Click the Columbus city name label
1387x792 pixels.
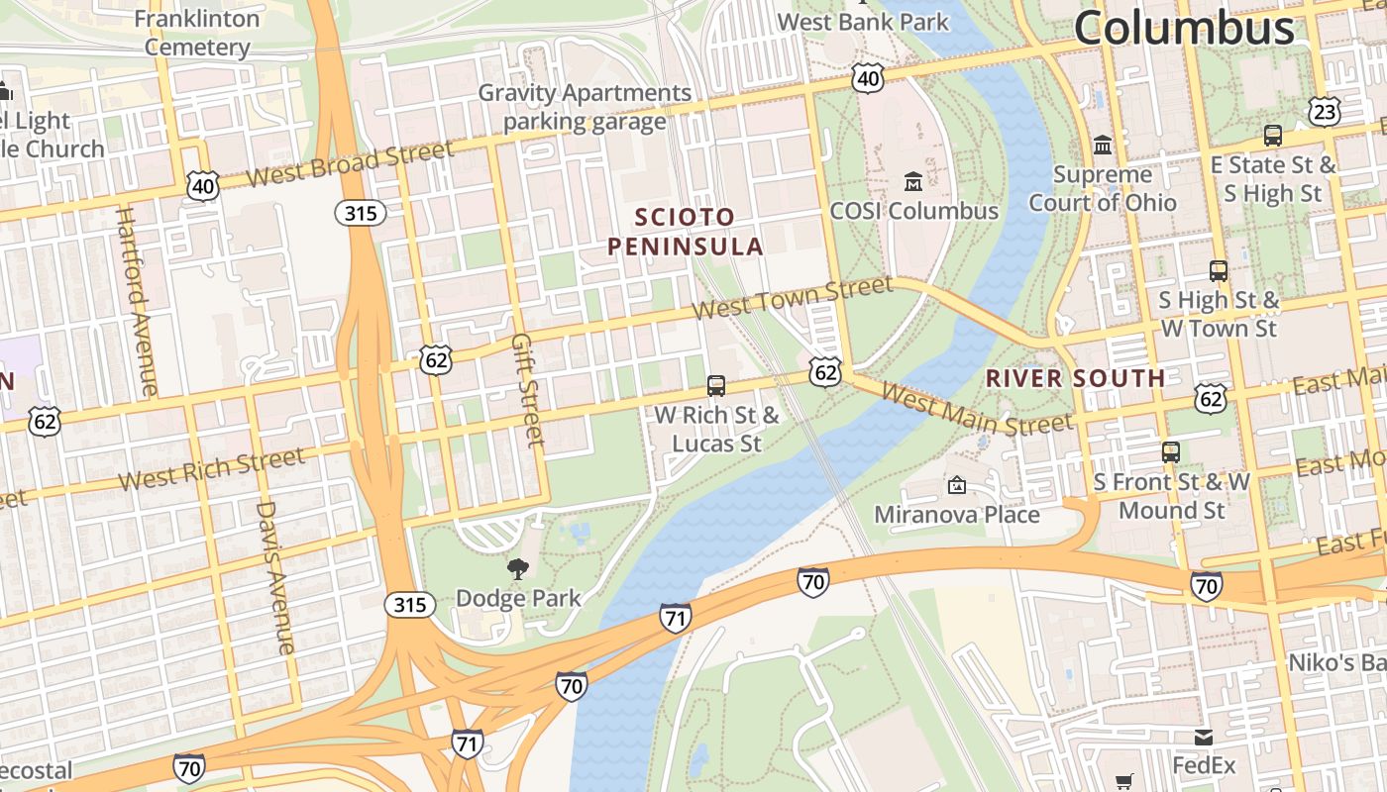click(1184, 27)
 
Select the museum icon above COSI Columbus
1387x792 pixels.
click(912, 182)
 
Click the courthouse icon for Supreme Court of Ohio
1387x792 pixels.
click(1102, 146)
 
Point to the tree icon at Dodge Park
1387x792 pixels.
click(517, 568)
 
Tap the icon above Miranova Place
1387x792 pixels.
click(956, 485)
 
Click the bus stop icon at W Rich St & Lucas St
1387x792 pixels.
click(716, 386)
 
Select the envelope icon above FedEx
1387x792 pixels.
click(1204, 738)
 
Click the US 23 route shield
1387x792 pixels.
click(1324, 111)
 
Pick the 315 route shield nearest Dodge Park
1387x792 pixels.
click(409, 605)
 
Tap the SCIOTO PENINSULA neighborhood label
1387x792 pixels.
click(686, 232)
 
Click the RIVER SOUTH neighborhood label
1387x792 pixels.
click(1076, 378)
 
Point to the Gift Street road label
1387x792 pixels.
click(527, 390)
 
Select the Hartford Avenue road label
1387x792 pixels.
click(137, 301)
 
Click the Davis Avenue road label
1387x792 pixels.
click(275, 577)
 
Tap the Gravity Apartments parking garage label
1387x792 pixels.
click(585, 107)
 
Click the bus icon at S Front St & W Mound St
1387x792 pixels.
click(1171, 452)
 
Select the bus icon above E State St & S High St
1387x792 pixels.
click(1273, 136)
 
